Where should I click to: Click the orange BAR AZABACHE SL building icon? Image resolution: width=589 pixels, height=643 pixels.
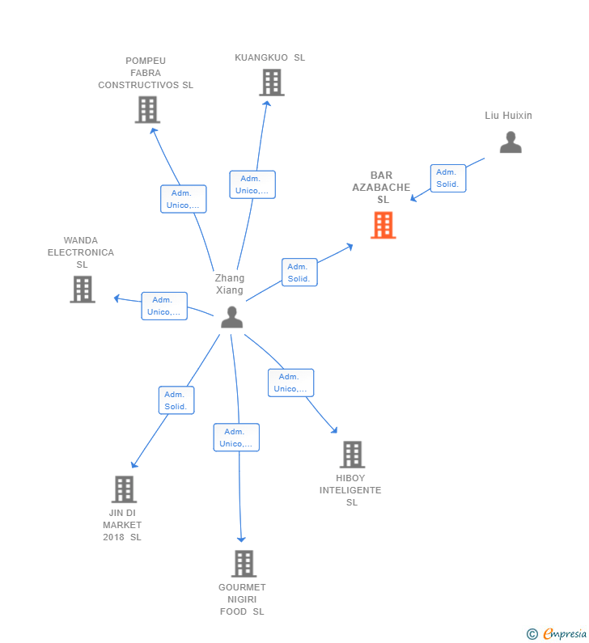pos(383,225)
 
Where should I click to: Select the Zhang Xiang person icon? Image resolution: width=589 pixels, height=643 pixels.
pos(232,317)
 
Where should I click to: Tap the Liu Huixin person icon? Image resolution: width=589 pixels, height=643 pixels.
pos(511,143)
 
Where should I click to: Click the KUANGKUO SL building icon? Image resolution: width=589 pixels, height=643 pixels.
pos(271,82)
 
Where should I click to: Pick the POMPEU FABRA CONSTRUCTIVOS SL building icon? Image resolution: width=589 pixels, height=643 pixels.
pos(147,109)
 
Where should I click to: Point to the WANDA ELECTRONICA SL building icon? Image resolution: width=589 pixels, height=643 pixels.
pos(82,289)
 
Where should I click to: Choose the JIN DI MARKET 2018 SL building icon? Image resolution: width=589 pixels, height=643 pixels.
pos(123,489)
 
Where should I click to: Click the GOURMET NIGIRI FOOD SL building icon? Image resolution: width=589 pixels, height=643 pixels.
pos(243,564)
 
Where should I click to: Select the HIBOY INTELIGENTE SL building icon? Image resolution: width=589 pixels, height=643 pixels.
pos(352,455)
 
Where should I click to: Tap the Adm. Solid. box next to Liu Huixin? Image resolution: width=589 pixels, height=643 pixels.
pos(447,178)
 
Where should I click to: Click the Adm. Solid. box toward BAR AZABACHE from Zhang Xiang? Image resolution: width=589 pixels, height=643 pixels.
pos(299,273)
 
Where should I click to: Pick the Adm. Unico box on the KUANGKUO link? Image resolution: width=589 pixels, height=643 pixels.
pos(252,184)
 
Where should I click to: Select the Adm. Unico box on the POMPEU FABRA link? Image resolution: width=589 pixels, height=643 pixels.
pos(183,199)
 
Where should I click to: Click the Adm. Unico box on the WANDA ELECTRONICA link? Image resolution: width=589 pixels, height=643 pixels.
pos(163,306)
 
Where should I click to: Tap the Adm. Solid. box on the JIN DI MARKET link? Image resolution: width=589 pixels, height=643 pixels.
pos(176,400)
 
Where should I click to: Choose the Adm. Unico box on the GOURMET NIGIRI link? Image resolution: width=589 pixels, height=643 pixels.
pos(236,438)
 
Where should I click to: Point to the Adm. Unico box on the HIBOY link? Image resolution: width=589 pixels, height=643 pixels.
pos(290,383)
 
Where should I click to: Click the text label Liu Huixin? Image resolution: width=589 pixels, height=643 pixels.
pos(508,116)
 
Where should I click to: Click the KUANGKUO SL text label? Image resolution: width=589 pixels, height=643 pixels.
pos(269,57)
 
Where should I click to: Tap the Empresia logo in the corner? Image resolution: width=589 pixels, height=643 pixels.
pos(557,633)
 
